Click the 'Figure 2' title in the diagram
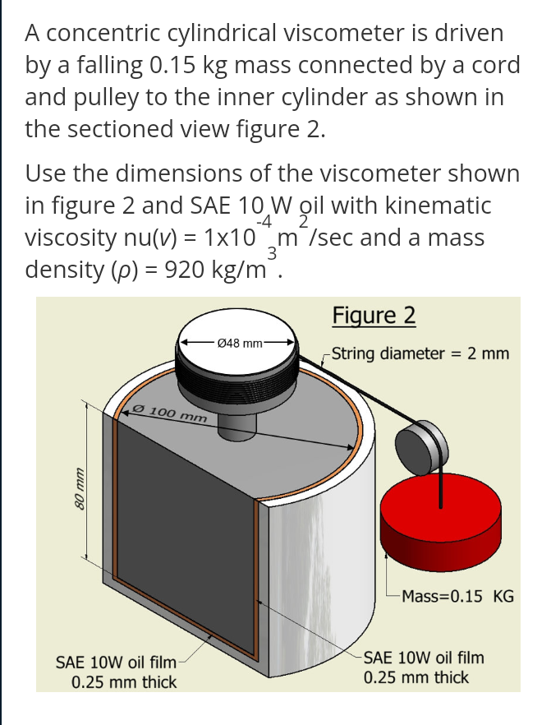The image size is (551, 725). click(374, 316)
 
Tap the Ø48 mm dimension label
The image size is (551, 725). click(239, 342)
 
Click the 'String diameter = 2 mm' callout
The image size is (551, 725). click(420, 353)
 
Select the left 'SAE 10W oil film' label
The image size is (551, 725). click(115, 662)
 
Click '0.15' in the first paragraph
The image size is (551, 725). click(184, 66)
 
